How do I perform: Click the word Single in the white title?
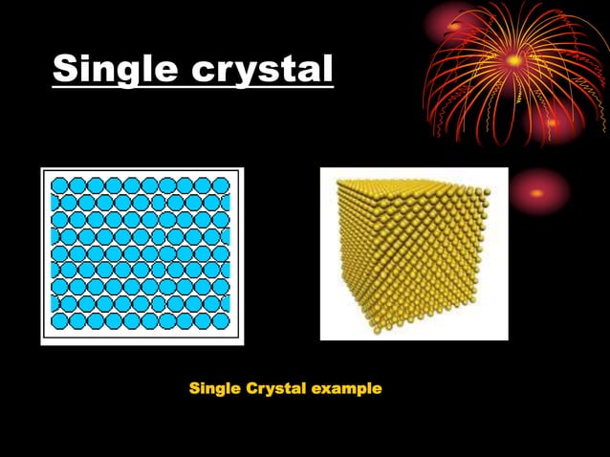112,69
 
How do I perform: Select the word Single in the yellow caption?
216,389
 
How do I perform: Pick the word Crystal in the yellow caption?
278,389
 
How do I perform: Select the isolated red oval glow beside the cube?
538,192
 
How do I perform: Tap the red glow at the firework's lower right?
555,124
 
